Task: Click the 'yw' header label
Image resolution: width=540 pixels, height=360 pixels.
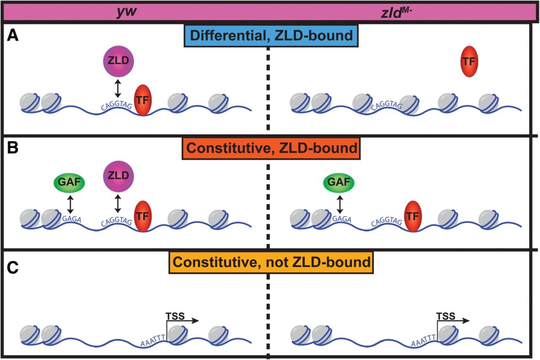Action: (x=127, y=12)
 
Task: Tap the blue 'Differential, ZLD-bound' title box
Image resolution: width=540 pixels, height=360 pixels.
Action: (x=271, y=35)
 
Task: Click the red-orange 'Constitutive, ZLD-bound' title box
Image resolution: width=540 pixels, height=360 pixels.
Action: (x=271, y=148)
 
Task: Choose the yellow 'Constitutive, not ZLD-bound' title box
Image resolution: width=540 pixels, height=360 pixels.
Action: (x=271, y=263)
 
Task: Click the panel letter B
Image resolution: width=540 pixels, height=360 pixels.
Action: (x=13, y=148)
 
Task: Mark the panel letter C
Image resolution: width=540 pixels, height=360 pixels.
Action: (x=13, y=268)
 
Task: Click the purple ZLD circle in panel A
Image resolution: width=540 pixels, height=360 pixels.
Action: (x=119, y=61)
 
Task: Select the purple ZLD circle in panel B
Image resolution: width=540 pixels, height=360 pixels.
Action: (x=119, y=176)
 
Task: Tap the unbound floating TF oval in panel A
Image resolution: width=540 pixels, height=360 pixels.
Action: (x=469, y=62)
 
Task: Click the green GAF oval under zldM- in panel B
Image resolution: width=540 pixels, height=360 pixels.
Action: (x=339, y=182)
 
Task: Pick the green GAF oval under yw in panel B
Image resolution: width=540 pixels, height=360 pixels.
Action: (x=69, y=182)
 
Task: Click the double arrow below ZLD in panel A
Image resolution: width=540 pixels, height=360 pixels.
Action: (x=118, y=89)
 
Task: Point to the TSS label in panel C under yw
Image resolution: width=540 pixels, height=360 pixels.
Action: (x=175, y=316)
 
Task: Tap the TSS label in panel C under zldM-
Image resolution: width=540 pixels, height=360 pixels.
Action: (x=446, y=316)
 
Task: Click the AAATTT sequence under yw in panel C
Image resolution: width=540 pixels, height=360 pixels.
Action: (x=153, y=340)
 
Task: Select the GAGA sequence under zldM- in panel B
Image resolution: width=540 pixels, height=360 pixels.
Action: (x=342, y=219)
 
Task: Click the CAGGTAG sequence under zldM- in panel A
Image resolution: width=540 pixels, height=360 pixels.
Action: (x=387, y=105)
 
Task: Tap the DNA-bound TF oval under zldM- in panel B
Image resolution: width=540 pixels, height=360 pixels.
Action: (x=413, y=216)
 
